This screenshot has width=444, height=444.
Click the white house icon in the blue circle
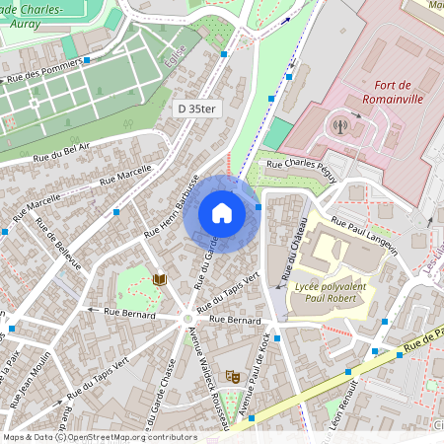[222, 212]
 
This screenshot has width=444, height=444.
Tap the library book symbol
[160, 280]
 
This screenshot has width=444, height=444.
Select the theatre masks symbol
[233, 376]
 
